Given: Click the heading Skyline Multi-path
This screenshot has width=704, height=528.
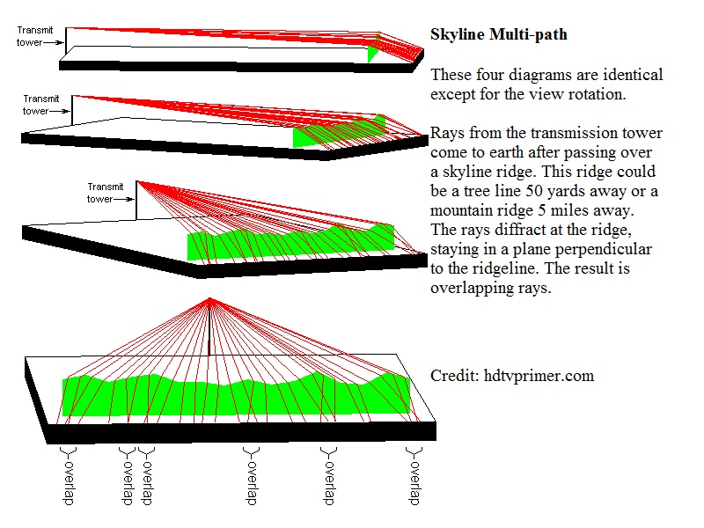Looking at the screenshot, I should click(x=498, y=35).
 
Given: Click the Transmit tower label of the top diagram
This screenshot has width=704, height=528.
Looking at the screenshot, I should click(x=33, y=35).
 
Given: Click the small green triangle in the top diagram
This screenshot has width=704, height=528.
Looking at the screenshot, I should click(x=374, y=54).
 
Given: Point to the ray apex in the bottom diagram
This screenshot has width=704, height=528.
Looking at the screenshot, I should click(x=209, y=300).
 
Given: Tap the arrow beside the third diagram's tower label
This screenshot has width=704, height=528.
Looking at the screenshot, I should click(x=126, y=200).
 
